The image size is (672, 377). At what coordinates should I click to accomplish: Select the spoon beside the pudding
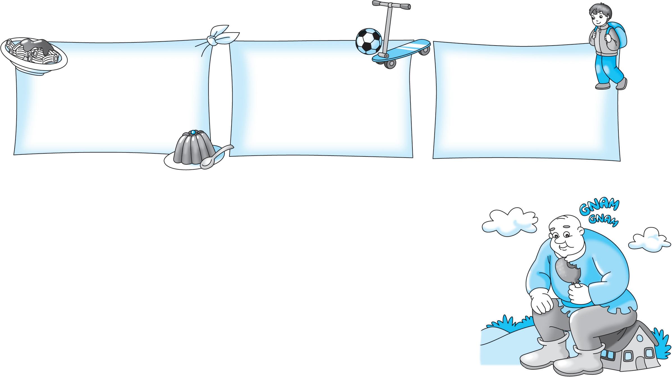click(x=216, y=158)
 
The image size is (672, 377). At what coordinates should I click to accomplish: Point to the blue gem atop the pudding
click(x=193, y=132)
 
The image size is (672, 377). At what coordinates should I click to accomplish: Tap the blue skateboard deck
click(x=401, y=51)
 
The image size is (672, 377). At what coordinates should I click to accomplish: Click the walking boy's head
click(x=598, y=17)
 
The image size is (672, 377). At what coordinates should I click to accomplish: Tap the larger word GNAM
click(x=598, y=208)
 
